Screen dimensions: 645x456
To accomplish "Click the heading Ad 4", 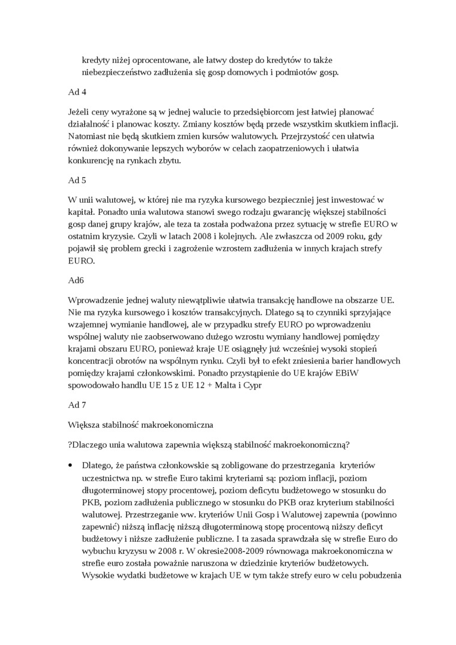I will [x=76, y=93].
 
